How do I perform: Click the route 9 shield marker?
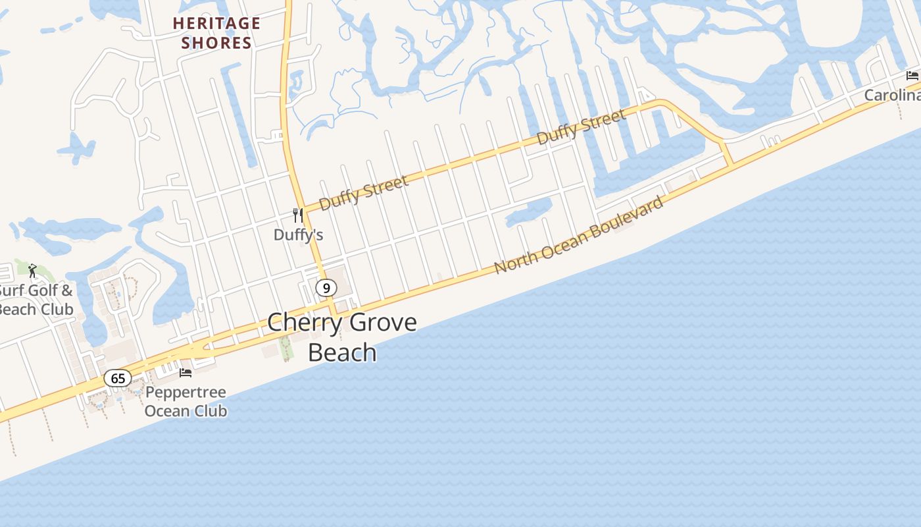click(326, 288)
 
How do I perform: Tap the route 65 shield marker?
click(118, 378)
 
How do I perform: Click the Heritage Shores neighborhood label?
click(216, 33)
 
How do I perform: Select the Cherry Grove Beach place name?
click(342, 337)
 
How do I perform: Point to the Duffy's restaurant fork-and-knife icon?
click(298, 215)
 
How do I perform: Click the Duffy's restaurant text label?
click(298, 235)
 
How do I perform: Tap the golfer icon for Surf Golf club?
click(32, 270)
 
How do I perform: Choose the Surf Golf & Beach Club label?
click(36, 299)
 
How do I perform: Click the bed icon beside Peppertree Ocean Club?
click(186, 373)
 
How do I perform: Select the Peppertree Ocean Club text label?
click(186, 401)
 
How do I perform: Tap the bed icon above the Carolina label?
click(912, 75)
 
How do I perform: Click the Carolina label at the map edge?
click(892, 95)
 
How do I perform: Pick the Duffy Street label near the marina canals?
click(582, 126)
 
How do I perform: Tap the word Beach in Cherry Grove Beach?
click(342, 352)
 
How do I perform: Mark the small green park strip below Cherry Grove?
click(286, 348)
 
